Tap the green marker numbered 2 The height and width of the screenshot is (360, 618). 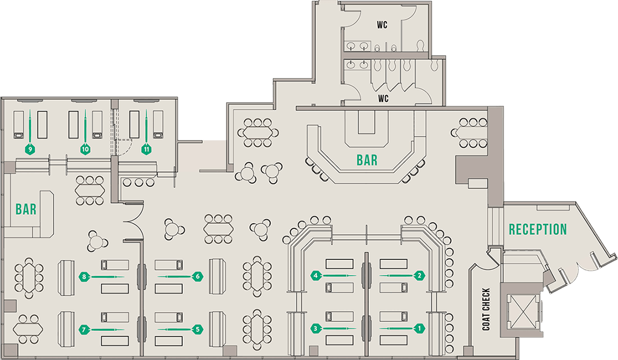coord(419,275)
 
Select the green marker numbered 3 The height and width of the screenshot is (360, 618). coord(315,329)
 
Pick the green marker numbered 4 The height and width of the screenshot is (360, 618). coord(315,275)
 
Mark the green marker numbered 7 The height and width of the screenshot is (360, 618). coord(84,329)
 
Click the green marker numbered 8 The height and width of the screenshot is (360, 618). coord(84,276)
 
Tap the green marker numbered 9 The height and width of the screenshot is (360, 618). coord(30,149)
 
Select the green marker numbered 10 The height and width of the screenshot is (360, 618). coord(85,149)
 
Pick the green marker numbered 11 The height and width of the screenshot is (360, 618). coord(147,149)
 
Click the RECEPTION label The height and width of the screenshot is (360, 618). coord(538,230)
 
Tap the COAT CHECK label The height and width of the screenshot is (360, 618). coord(486,309)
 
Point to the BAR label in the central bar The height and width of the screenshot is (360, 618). coord(367,160)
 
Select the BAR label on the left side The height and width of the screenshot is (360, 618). coord(26,209)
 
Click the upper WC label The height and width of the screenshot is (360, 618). coord(383,25)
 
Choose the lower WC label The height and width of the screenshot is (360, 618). coord(383,98)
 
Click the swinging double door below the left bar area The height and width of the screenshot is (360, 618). coord(132,225)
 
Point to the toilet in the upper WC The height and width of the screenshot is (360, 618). coord(421,44)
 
